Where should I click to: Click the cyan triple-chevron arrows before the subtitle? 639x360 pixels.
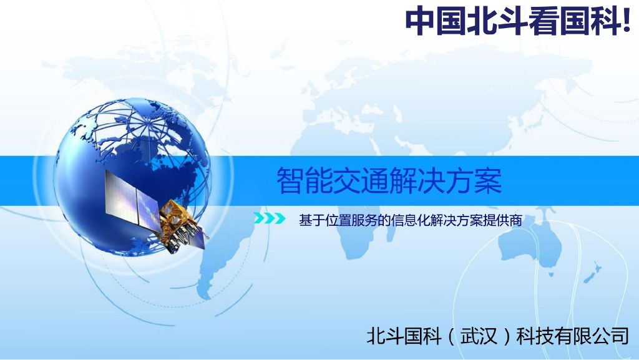269,219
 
